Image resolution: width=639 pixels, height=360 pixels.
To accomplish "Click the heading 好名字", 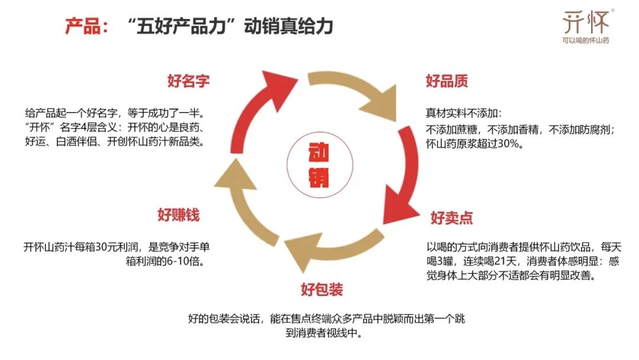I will [188, 81].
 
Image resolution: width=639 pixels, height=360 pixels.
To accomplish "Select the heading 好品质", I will [447, 81].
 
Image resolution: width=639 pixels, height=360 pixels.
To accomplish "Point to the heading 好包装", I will [321, 290].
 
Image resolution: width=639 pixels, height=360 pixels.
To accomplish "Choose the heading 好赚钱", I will [178, 214].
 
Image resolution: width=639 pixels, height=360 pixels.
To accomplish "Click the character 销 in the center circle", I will [319, 177].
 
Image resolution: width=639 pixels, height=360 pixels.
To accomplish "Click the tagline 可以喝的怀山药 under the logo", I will [585, 40].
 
